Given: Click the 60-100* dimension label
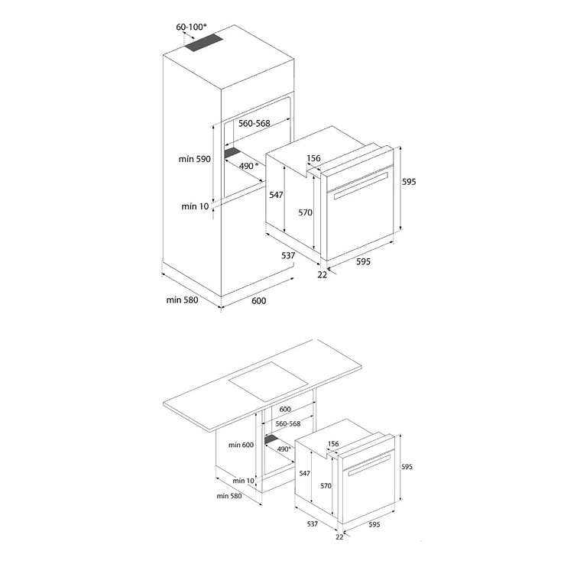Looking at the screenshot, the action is click(191, 27).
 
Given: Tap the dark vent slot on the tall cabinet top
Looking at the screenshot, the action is click(204, 43).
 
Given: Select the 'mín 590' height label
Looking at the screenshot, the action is click(195, 159).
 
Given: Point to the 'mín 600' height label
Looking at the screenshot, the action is click(241, 445).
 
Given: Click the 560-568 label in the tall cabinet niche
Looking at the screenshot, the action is click(254, 123).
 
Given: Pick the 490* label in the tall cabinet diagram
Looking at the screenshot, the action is click(248, 166).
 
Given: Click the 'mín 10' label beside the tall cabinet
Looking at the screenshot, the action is click(195, 206).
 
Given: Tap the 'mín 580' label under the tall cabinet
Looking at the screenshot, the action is click(182, 300).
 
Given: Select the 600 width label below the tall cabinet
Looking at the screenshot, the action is click(258, 300).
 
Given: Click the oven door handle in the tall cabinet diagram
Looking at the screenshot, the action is click(361, 186).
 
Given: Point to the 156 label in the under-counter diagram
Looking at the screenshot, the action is click(333, 444).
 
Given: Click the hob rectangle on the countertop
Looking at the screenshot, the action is click(268, 381).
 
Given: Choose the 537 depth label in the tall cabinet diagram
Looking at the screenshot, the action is click(288, 255).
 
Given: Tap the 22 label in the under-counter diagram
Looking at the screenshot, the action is click(339, 537).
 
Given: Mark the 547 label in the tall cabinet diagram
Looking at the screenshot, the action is click(276, 195).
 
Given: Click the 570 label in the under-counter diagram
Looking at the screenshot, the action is click(326, 486).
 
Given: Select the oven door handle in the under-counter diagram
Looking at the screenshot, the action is click(369, 465).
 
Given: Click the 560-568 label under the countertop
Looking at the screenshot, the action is click(288, 424).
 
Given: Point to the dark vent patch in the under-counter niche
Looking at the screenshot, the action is click(271, 439).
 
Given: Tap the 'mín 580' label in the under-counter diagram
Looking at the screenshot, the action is click(229, 496).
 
